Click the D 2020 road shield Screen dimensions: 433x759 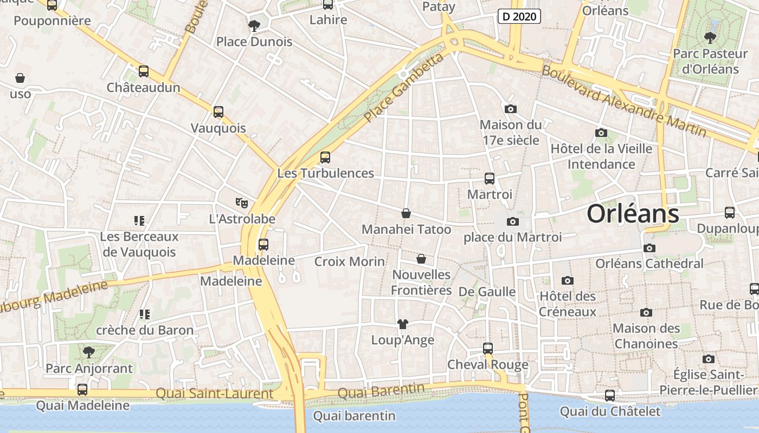pos(519,16)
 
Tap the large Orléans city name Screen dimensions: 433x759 pos(633,214)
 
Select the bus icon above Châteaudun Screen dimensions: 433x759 pos(144,71)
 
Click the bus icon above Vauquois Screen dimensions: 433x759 pos(218,112)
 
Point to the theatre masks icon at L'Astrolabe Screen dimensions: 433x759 pos(242,203)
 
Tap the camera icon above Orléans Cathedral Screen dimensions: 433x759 pos(649,248)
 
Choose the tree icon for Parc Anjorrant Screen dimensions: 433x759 pos(89,352)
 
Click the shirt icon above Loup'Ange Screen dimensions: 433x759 pos(402,324)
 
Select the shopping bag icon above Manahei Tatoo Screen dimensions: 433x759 pos(406,213)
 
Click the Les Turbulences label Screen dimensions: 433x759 pos(325,173)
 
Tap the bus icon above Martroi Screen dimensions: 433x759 pos(490,178)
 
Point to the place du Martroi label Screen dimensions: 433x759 pos(512,237)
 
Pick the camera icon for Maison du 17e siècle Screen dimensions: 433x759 pos(510,109)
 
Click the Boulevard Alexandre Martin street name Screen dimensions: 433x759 pos(623,101)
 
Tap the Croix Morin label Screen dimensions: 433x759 pos(350,261)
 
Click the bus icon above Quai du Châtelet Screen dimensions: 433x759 pos(610,396)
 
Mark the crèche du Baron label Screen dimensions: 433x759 pos(145,330)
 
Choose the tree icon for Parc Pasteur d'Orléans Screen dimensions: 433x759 pos(710,37)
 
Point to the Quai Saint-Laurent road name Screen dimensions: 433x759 pos(214,393)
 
